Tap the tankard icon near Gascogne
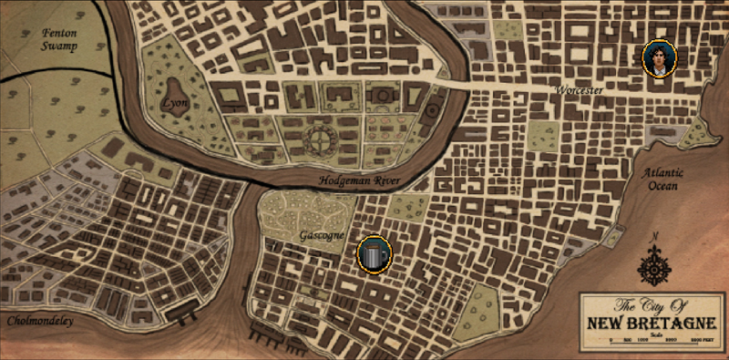coord(373,253)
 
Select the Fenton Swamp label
coord(56,38)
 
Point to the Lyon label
coord(174,104)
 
